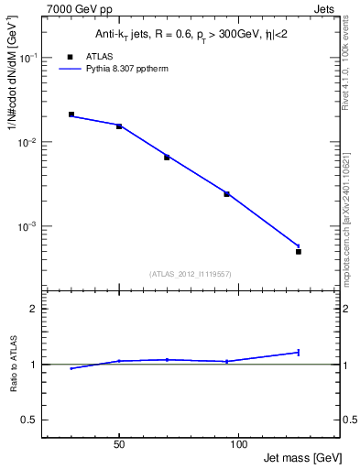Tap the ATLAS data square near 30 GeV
pyautogui.click(x=71, y=115)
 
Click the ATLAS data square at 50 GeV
pyautogui.click(x=119, y=126)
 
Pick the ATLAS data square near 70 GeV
pyautogui.click(x=167, y=158)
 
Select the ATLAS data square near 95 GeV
pyautogui.click(x=226, y=194)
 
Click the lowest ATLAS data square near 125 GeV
pyautogui.click(x=299, y=251)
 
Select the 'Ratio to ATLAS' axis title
pyautogui.click(x=14, y=366)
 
